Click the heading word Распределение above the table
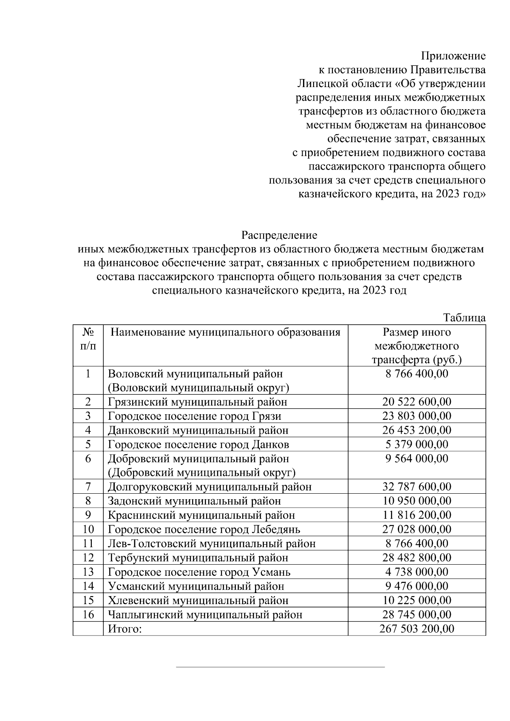[279, 235]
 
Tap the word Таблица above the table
[464, 318]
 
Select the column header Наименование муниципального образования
[225, 332]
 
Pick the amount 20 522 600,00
[416, 402]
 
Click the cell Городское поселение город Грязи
[194, 416]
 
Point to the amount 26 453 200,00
[416, 430]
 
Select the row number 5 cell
[88, 444]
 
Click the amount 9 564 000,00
[416, 459]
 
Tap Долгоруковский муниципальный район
[210, 487]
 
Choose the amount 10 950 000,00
[416, 501]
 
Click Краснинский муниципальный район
[201, 515]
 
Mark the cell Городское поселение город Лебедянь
[204, 529]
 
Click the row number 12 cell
[88, 558]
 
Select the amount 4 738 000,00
[416, 572]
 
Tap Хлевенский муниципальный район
[198, 600]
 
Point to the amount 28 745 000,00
[416, 614]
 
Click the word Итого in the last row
[125, 629]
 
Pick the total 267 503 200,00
[416, 629]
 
